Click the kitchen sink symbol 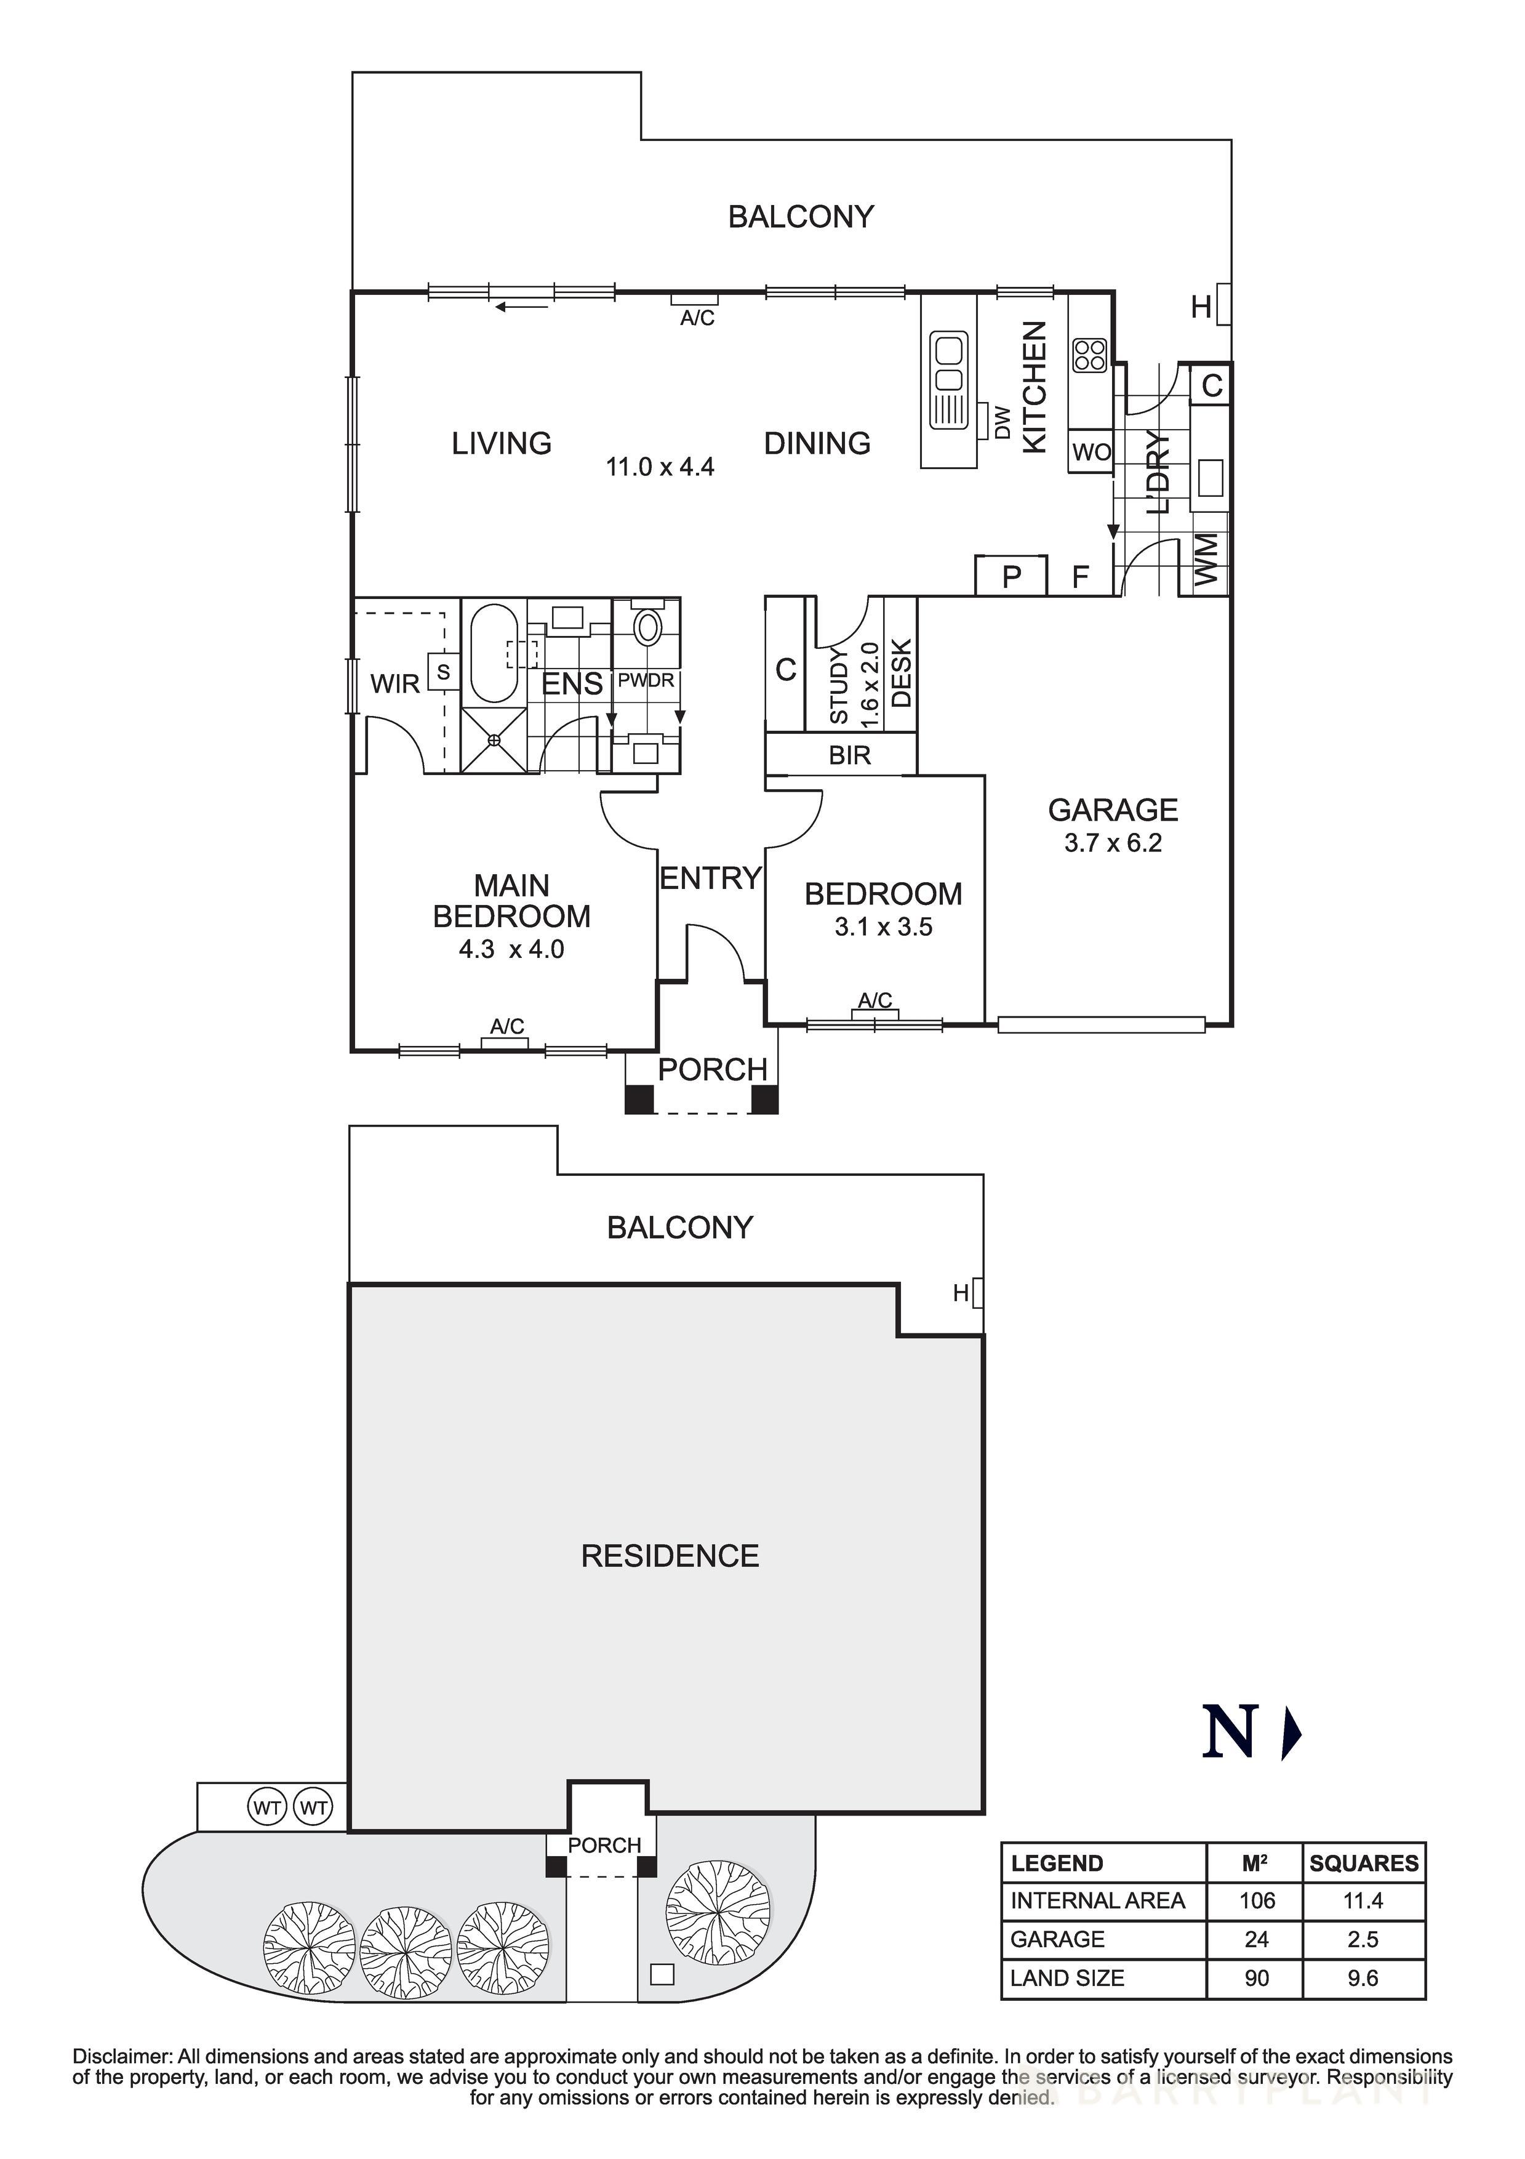tap(948, 380)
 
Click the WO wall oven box tap(1091, 452)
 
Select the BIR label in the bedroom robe tap(849, 755)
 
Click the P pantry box tap(1011, 576)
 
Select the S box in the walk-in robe tap(443, 672)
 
